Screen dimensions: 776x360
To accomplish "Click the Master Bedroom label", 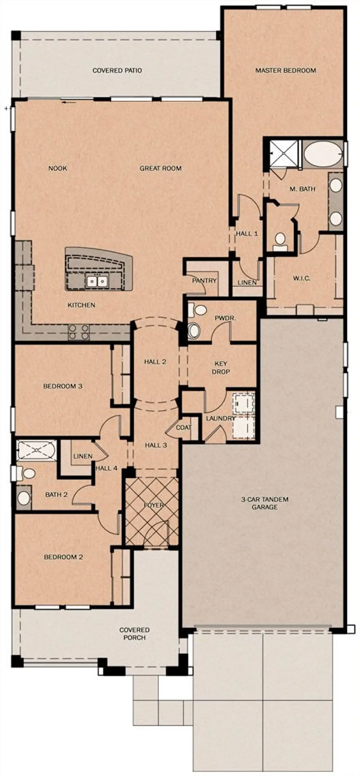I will pyautogui.click(x=285, y=71).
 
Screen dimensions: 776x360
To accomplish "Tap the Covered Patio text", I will pyautogui.click(x=117, y=71).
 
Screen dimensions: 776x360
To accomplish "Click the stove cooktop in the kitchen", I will pyautogui.click(x=79, y=332).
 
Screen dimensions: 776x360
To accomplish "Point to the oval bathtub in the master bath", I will pyautogui.click(x=323, y=153).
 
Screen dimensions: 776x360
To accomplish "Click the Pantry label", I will pyautogui.click(x=204, y=281).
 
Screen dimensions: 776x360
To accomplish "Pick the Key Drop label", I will pyautogui.click(x=221, y=368).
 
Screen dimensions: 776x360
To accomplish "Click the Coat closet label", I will pyautogui.click(x=183, y=427).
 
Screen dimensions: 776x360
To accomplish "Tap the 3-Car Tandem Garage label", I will pyautogui.click(x=265, y=503).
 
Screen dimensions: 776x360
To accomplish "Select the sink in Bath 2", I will pyautogui.click(x=24, y=498).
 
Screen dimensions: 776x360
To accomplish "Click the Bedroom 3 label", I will pyautogui.click(x=63, y=386).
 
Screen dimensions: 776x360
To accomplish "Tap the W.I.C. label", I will pyautogui.click(x=301, y=278).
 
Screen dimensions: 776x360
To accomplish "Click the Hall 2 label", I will pyautogui.click(x=155, y=362).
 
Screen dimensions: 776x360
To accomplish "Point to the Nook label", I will pyautogui.click(x=58, y=168).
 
